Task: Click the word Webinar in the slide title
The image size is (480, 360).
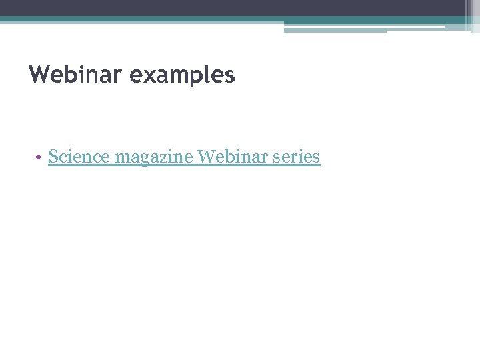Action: [x=76, y=75]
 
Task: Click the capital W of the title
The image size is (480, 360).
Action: [x=39, y=75]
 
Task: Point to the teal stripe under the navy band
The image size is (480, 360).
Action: [x=133, y=19]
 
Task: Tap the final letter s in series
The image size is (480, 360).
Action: [x=317, y=159]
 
